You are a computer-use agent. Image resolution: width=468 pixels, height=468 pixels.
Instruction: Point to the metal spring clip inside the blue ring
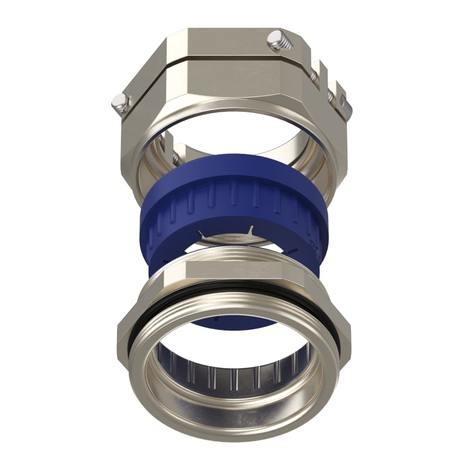click(x=234, y=237)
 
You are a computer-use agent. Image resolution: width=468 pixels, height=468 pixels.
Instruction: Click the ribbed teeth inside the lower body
click(x=234, y=374)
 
